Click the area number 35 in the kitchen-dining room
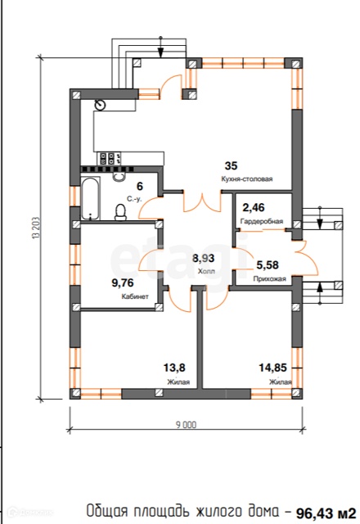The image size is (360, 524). [231, 165]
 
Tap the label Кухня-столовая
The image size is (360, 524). [247, 179]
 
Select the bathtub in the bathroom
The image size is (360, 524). [90, 198]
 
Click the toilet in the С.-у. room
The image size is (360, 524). [120, 213]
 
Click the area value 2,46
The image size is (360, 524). [254, 208]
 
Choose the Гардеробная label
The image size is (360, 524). [262, 221]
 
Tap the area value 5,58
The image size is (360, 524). [268, 265]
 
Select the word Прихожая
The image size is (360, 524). [269, 278]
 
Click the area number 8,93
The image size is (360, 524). [204, 259]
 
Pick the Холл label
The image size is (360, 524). [206, 271]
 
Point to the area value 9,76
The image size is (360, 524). [123, 283]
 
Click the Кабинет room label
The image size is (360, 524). [135, 296]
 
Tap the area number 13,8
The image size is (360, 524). [174, 368]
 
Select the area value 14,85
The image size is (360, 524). [272, 368]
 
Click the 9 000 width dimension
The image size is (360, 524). [187, 425]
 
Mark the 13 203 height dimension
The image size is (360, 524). [36, 228]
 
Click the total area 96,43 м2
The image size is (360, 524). [326, 513]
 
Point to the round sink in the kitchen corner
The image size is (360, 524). [100, 105]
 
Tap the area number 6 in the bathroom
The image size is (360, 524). [140, 186]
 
